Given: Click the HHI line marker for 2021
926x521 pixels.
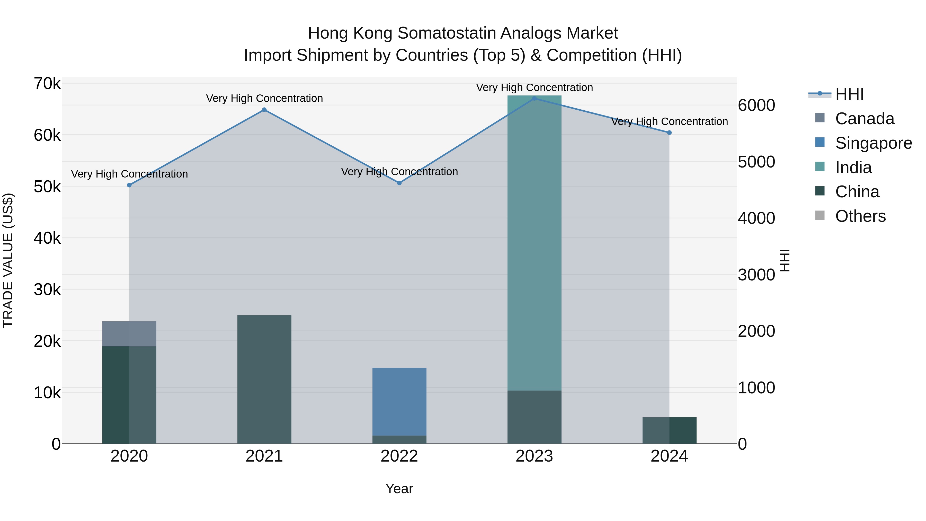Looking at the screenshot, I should [x=264, y=110].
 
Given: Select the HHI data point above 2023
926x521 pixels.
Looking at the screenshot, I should [x=534, y=98].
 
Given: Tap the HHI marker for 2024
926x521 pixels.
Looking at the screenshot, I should [x=669, y=133].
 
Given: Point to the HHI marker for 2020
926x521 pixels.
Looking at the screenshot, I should [x=129, y=185].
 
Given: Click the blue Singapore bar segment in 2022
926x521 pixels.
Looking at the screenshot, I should [x=399, y=402].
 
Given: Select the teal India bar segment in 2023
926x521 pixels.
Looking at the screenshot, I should [x=534, y=243].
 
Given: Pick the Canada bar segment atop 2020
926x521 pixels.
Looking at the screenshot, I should [x=129, y=334].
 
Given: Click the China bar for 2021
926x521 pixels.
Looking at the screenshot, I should [x=264, y=379].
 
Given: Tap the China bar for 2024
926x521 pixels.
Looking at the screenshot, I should [x=669, y=430].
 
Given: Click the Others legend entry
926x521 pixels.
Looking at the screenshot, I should [x=860, y=216].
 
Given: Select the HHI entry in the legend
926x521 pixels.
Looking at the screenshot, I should [x=849, y=94].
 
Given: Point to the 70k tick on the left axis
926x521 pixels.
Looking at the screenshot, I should [x=47, y=84].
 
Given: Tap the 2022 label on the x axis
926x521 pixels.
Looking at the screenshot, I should [x=399, y=456].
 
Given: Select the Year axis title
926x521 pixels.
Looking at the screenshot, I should [x=399, y=489].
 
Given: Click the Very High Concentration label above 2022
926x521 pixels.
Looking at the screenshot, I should [x=399, y=172].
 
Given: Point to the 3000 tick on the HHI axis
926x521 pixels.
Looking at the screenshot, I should [x=756, y=275].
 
